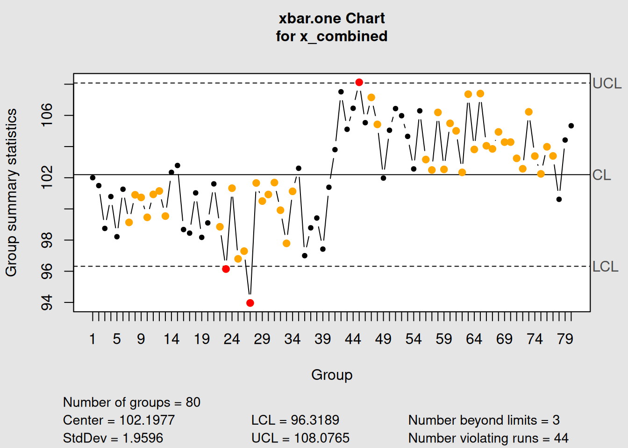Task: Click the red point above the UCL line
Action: [359, 82]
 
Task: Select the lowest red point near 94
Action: [250, 303]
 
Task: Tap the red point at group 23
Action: [226, 269]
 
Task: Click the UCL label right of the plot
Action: [607, 84]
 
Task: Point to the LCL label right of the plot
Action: [605, 266]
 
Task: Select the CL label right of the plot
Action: [601, 175]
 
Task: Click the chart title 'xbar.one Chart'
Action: [331, 18]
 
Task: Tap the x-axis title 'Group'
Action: [332, 375]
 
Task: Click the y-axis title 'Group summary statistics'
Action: [11, 192]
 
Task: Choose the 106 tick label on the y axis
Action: [47, 115]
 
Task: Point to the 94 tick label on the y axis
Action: [47, 302]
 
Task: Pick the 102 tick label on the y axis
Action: [47, 177]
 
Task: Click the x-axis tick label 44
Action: [353, 339]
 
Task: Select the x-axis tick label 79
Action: [565, 339]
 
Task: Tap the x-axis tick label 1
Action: [93, 339]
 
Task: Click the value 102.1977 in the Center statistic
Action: [147, 420]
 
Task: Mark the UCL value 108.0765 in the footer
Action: [321, 438]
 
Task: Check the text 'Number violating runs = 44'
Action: [488, 438]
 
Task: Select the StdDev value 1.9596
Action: [143, 438]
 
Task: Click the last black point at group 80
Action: [571, 126]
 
